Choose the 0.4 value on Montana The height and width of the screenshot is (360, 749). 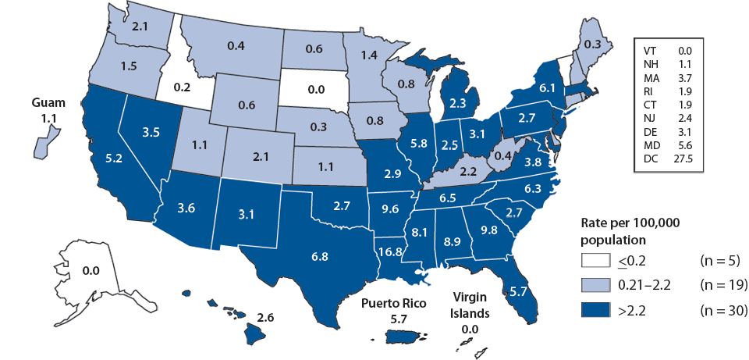[x=233, y=47]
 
